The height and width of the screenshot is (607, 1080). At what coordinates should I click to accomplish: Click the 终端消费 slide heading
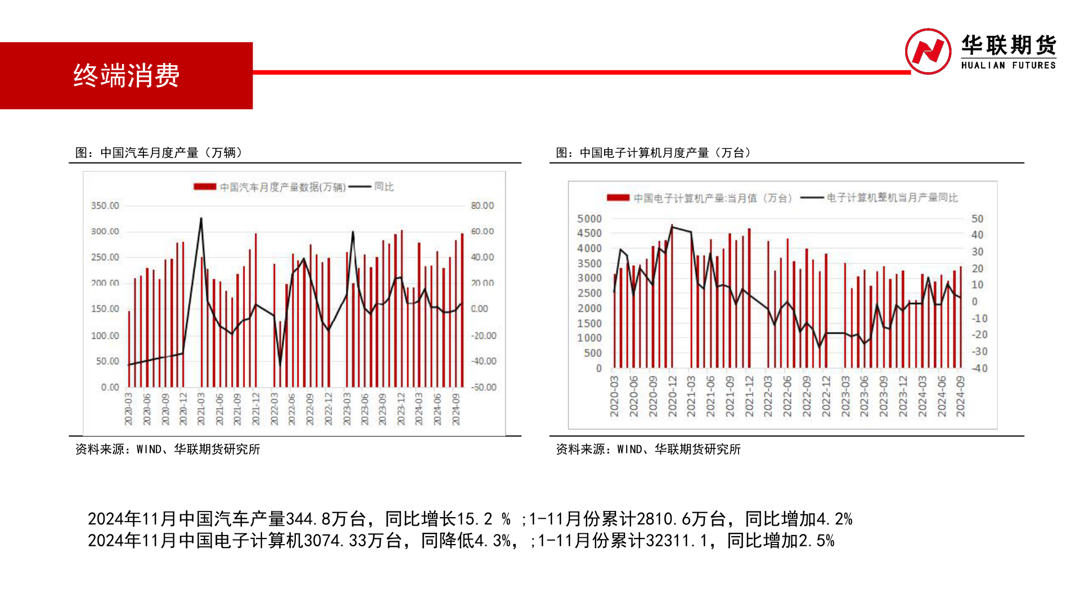click(127, 75)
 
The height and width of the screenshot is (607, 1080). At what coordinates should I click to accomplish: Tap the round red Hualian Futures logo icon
click(928, 51)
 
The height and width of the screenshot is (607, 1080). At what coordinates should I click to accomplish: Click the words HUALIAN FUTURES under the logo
click(1008, 65)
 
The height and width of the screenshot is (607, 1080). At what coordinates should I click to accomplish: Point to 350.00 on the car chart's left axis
click(105, 206)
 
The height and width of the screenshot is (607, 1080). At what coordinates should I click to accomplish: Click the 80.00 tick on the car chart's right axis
click(482, 206)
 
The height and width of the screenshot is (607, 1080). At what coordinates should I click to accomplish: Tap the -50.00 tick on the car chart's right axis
click(483, 387)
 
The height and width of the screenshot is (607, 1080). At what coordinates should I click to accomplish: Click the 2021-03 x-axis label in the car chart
click(201, 409)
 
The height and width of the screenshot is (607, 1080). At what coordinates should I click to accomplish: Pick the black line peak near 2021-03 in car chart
click(201, 219)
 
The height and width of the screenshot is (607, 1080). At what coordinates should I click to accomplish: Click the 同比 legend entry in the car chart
click(384, 187)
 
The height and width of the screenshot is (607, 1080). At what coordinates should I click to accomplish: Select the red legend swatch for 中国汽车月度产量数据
click(205, 187)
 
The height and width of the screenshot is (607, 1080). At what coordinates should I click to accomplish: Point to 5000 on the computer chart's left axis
click(589, 219)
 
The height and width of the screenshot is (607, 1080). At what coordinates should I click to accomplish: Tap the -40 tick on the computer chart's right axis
click(979, 368)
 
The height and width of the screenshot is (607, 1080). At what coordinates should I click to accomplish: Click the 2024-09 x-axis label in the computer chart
click(960, 396)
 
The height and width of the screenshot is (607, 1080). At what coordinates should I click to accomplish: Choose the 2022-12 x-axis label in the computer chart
click(826, 396)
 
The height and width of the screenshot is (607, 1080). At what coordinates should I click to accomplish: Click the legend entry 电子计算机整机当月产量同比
click(892, 198)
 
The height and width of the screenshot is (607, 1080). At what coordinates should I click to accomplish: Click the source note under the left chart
click(168, 449)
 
